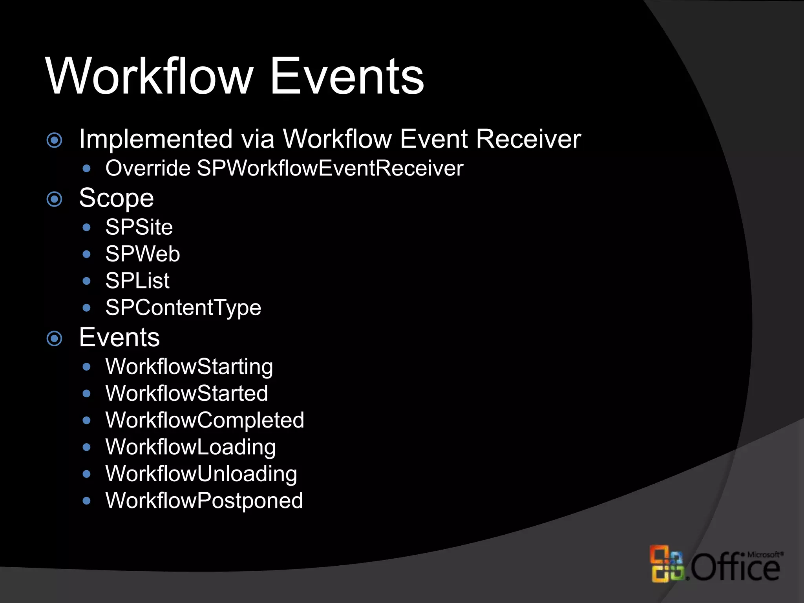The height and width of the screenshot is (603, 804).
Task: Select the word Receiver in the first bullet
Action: point(528,139)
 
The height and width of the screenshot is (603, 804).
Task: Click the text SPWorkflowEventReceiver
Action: point(330,168)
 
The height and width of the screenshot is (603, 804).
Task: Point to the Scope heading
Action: point(116,198)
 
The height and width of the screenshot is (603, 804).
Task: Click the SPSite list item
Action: point(139,227)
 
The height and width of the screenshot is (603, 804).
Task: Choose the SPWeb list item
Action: point(143,254)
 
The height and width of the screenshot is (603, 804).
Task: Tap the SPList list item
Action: point(137,281)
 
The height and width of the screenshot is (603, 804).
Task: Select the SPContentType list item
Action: point(183,308)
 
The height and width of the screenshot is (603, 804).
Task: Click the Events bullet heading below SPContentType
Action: point(119,337)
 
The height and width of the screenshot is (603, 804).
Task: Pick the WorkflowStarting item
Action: point(189,367)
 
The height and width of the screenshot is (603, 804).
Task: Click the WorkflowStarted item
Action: point(186,393)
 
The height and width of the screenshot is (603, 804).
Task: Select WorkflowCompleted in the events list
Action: point(205,420)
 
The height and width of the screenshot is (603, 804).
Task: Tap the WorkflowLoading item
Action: point(190,447)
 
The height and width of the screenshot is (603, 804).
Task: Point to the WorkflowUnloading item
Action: point(201,474)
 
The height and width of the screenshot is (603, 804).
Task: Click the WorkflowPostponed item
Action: point(204,501)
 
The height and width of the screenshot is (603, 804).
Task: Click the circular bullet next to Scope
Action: point(55,199)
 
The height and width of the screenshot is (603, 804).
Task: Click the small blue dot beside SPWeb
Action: point(87,254)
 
